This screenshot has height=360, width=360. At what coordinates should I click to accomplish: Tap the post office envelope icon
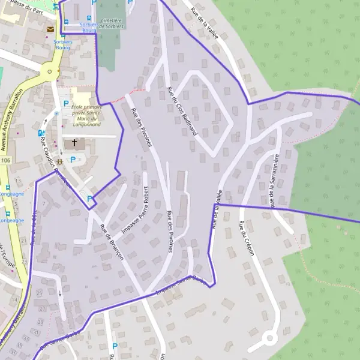[50, 28]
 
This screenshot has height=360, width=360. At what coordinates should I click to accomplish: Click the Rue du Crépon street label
[247, 239]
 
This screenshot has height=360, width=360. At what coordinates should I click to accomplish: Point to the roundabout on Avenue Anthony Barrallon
[49, 74]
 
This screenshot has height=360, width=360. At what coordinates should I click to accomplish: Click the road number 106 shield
[6, 161]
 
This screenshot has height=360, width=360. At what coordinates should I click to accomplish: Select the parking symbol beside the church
[73, 160]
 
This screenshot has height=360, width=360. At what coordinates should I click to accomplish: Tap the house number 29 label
[40, 292]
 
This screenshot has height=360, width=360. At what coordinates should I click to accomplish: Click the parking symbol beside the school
[66, 103]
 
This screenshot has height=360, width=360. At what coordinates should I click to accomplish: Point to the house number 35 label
[24, 346]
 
